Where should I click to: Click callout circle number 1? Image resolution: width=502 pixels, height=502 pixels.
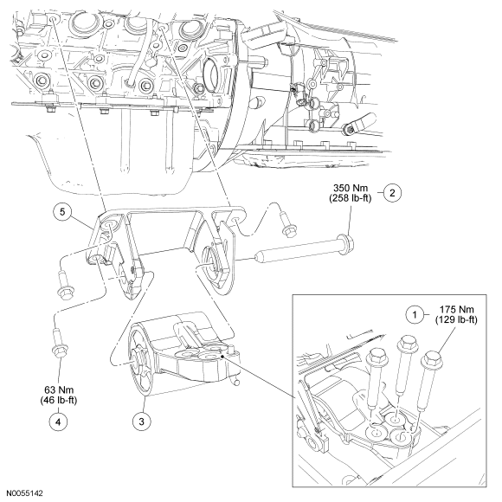(415, 315)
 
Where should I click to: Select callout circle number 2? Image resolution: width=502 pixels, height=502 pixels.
(392, 193)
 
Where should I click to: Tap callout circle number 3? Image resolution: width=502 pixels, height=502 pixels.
(141, 422)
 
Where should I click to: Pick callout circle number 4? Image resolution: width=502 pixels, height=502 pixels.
(58, 422)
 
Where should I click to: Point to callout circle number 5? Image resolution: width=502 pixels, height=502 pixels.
(62, 212)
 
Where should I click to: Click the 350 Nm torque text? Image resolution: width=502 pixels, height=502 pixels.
(351, 188)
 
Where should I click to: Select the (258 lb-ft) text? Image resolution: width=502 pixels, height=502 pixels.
(351, 198)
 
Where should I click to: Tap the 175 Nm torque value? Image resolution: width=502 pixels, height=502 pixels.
(456, 310)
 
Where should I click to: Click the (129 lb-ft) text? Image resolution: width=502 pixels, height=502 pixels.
(456, 320)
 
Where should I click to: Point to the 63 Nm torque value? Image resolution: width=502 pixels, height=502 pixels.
(59, 390)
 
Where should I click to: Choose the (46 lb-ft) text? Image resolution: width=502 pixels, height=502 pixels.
(59, 400)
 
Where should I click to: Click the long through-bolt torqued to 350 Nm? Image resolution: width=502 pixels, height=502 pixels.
(304, 248)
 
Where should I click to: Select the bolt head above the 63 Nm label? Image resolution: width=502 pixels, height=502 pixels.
(60, 351)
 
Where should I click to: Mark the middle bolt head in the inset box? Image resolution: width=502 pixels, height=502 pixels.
(407, 344)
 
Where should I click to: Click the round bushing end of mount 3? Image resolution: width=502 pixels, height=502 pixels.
(141, 361)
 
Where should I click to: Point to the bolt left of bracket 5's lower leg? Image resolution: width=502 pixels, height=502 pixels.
(64, 286)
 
